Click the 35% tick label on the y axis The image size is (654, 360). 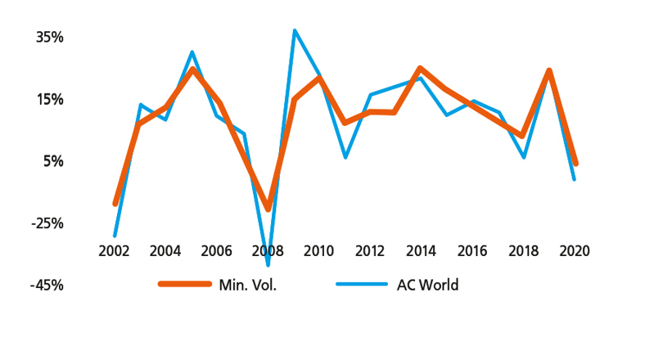pos(48,38)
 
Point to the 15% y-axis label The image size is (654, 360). pos(48,100)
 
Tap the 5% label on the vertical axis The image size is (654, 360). pos(52,161)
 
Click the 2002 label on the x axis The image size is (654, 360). pos(114,250)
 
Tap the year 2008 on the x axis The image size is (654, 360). pos(268,250)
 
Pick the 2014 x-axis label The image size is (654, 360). pos(421,250)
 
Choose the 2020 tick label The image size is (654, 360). pos(574,250)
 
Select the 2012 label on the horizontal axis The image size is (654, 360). pos(370,250)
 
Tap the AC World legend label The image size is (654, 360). pos(427,286)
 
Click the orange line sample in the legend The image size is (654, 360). pos(184,285)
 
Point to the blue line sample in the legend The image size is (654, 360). pos(361,285)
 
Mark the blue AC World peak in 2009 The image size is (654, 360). pos(294,31)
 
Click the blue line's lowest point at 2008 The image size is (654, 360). pos(268,264)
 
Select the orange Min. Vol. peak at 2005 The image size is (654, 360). pos(192,70)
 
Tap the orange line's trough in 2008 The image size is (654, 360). pos(268,209)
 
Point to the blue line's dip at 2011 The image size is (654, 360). pos(345,156)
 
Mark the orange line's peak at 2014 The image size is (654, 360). pos(421,69)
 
